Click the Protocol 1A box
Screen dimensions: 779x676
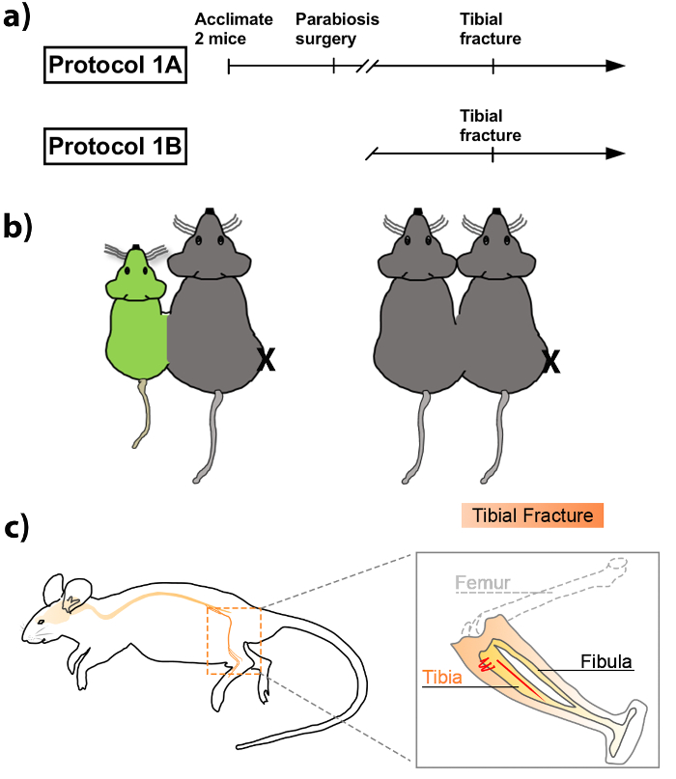pos(116,67)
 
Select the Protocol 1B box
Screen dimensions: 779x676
pos(116,150)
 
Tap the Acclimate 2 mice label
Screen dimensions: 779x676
pos(234,30)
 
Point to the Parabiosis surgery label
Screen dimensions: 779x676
pos(337,30)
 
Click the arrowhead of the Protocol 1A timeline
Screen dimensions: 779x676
pos(615,67)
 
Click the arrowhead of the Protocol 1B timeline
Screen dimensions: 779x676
pos(615,153)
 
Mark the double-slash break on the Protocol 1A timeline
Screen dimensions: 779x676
pos(367,67)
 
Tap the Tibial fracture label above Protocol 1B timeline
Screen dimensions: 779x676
pos(491,126)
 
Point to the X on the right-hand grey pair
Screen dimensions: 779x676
pos(551,360)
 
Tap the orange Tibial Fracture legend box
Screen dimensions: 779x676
pos(532,515)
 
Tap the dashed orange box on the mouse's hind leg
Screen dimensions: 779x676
pos(235,641)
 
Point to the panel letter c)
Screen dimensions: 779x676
pos(17,527)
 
